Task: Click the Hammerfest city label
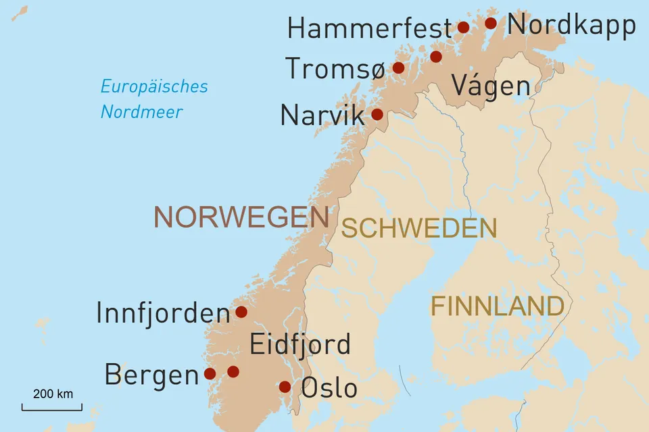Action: click(369, 28)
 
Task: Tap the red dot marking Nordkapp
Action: click(491, 24)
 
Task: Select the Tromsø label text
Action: click(335, 69)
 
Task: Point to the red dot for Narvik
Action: click(377, 114)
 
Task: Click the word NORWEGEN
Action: click(241, 217)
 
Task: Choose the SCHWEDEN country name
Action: click(418, 229)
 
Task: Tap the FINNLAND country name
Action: click(497, 306)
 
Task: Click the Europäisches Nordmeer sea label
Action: click(153, 99)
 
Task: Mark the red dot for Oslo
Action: click(285, 387)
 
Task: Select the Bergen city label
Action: click(151, 375)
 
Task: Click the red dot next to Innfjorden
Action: click(241, 312)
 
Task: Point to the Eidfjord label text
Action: click(300, 344)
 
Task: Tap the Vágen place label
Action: click(490, 86)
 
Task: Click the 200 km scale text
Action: click(53, 394)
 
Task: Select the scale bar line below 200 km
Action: click(52, 409)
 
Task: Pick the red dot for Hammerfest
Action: click(463, 27)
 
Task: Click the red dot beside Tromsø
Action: click(398, 67)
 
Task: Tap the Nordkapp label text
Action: click(571, 25)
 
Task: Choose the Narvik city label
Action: click(322, 115)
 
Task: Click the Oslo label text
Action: click(329, 388)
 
